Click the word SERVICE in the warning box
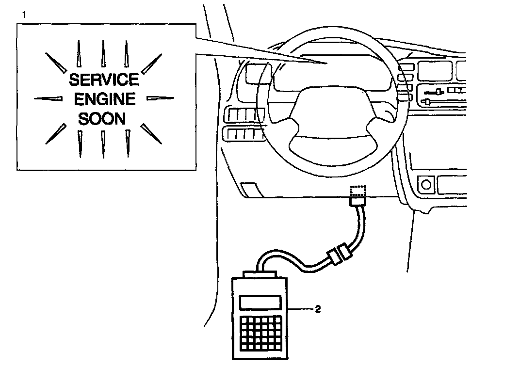tap(103, 79)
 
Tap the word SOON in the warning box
tap(102, 118)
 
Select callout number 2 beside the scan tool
tap(318, 308)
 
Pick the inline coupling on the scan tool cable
tap(339, 255)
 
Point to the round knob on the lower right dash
tap(426, 184)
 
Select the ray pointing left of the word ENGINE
tap(49, 99)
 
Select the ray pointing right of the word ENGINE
tap(160, 98)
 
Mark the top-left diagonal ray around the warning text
tap(55, 62)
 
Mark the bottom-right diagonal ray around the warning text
tap(151, 133)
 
